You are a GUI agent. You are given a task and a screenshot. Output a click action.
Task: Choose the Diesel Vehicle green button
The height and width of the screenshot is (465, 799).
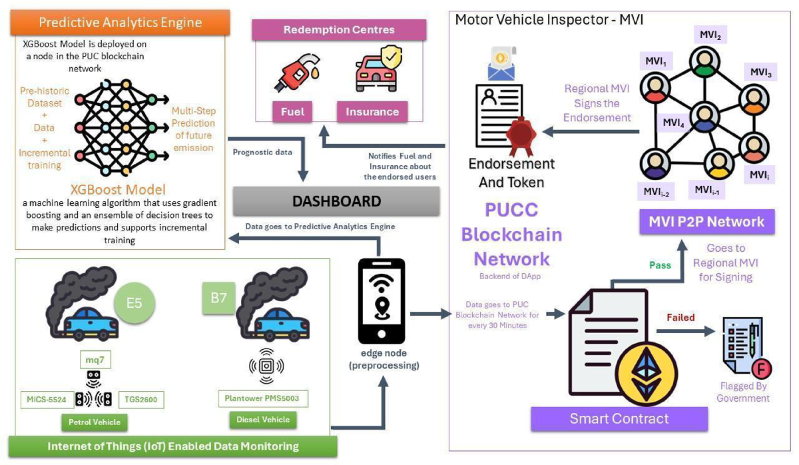click(263, 420)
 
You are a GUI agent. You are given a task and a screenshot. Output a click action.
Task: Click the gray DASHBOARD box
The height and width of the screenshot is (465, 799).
click(337, 201)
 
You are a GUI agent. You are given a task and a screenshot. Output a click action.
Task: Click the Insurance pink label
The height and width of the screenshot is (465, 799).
click(372, 111)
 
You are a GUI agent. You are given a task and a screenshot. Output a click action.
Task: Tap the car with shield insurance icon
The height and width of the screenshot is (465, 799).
click(374, 69)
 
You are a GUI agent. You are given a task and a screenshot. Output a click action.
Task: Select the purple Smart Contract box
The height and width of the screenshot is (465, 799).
click(619, 418)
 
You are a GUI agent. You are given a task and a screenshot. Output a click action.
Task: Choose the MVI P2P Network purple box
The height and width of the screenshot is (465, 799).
click(707, 221)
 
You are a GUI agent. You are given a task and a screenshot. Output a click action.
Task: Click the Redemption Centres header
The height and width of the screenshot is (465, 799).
click(339, 30)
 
